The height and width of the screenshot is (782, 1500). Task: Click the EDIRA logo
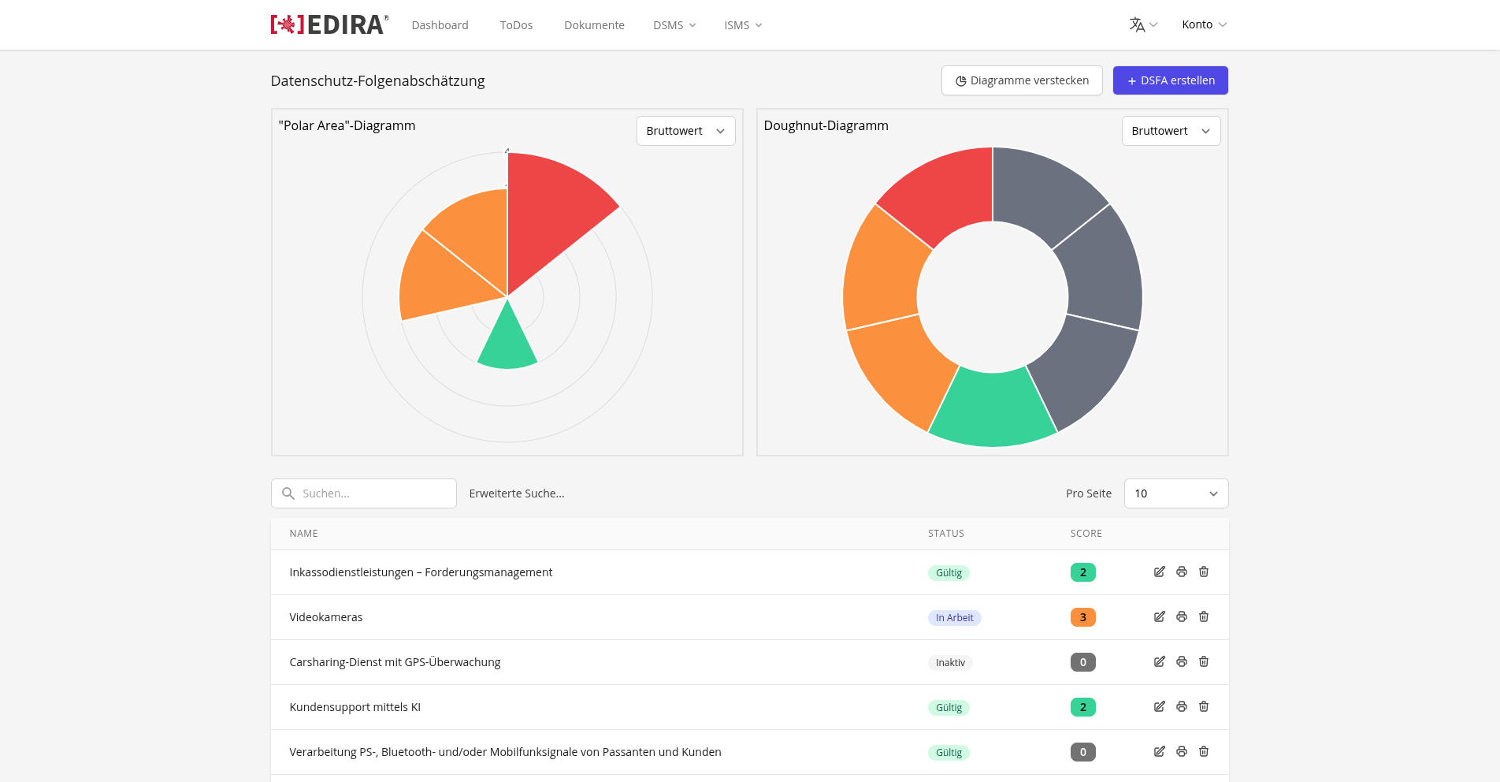pos(329,24)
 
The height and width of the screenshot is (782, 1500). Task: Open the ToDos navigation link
pos(516,25)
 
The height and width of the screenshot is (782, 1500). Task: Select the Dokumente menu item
pos(594,25)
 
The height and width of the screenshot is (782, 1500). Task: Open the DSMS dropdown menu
pos(674,25)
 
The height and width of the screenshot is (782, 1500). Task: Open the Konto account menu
pos(1204,24)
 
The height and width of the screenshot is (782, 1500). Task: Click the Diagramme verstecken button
pos(1022,80)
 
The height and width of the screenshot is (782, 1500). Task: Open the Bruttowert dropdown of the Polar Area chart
pos(685,131)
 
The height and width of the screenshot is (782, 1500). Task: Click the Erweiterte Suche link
pos(517,493)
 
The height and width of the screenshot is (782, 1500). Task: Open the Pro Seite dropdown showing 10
pos(1176,493)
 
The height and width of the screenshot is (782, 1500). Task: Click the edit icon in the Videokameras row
pos(1160,616)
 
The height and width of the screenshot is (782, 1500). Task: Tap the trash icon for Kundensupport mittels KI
pos(1204,706)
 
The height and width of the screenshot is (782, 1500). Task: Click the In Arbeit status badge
pos(954,618)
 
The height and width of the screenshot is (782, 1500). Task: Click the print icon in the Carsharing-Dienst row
pos(1182,661)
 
